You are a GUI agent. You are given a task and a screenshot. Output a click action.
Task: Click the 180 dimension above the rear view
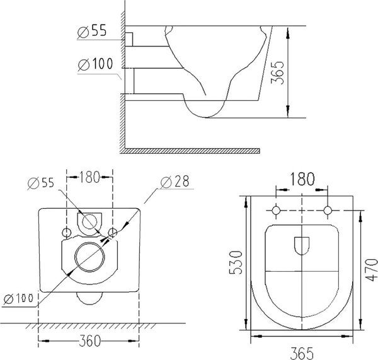[90, 177]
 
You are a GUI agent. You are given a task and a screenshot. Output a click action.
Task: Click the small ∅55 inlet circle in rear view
[89, 222]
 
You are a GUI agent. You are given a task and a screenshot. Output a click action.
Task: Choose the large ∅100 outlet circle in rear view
[89, 258]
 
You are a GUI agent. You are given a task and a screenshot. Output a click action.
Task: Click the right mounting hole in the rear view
[113, 233]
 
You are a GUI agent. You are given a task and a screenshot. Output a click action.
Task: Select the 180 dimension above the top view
[302, 178]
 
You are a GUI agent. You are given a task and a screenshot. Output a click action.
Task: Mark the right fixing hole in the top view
[328, 210]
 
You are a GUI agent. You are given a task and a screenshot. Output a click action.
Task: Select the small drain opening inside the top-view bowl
[302, 244]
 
